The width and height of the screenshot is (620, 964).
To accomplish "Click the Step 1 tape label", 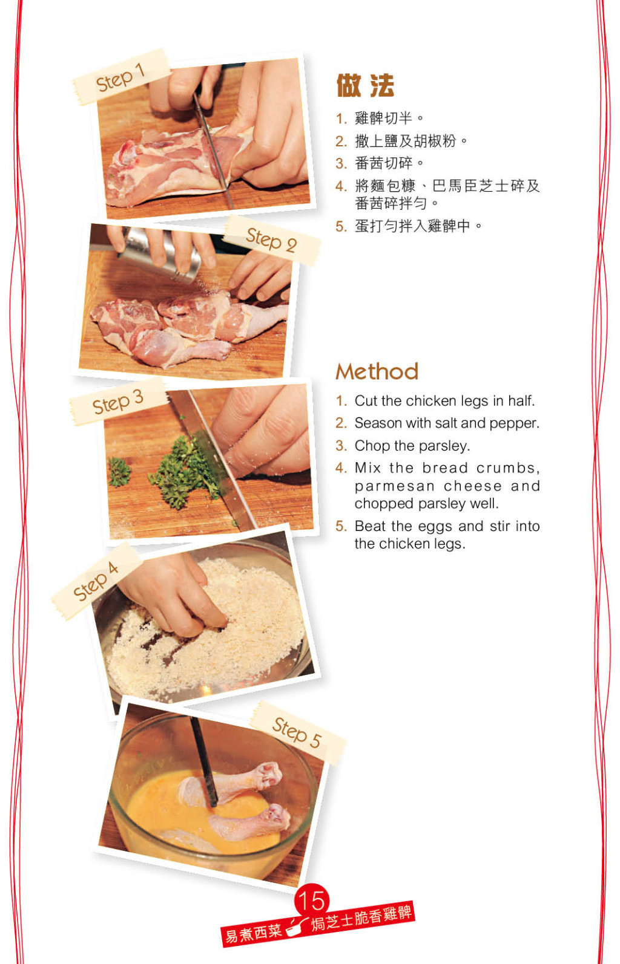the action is point(121,77).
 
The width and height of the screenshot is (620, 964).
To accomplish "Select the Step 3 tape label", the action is point(117,402).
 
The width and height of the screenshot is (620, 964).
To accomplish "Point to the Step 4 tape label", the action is point(96,581).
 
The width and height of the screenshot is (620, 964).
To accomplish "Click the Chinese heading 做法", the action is point(365,85).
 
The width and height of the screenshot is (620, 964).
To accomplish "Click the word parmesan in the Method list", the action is point(395,487).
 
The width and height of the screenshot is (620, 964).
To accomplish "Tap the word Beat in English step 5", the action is point(371,526).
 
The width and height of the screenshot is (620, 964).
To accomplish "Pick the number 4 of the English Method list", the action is point(341,468).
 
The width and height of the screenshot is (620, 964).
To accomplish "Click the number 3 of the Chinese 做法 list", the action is point(341,163).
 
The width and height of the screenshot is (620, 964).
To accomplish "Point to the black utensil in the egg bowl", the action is point(204,761).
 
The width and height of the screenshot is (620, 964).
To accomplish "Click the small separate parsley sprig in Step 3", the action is point(119,472).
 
